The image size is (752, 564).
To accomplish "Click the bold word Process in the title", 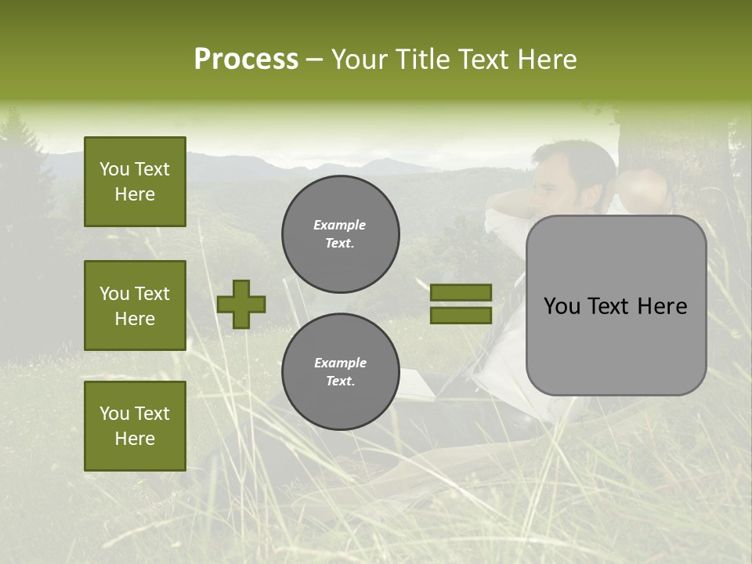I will point(246,60).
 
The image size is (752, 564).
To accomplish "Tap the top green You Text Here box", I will point(135,182).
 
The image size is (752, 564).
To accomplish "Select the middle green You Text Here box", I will point(135,305).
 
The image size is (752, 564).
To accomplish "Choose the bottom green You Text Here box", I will point(135,425).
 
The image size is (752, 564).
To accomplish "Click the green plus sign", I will point(241,304).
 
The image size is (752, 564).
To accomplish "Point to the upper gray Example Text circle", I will point(340,233).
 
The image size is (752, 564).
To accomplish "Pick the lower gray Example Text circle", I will point(340,371).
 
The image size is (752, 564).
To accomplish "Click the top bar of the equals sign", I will point(461,293).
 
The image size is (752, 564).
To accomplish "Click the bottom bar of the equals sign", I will point(461,315).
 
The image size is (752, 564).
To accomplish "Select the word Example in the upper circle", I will point(339,225).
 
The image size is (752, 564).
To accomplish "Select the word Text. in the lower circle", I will point(340,381).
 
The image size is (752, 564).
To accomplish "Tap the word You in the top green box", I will point(114,169).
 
